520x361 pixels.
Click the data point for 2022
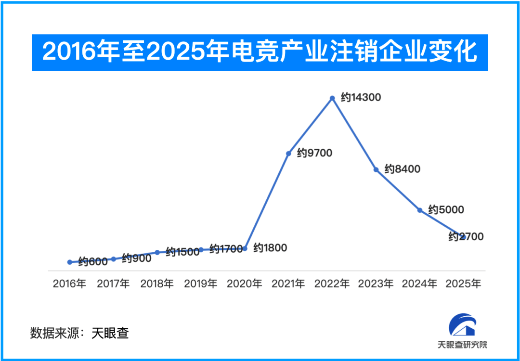pos(332,98)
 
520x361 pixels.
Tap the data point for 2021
pos(288,154)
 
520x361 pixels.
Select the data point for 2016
pos(70,262)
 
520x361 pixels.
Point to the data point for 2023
pos(376,169)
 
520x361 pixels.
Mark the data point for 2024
pos(420,210)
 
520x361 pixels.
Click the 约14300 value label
pos(361,97)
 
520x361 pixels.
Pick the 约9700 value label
pos(315,153)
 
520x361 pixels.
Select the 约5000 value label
pos(446,210)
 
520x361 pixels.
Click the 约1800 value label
pos(270,248)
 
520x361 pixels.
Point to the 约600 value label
pos(93,262)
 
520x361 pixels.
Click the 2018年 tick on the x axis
pos(157,284)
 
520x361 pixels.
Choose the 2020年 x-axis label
pos(245,284)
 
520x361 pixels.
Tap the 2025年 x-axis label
pos(464,284)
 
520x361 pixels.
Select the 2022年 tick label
pos(332,284)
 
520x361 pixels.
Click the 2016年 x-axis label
pos(70,284)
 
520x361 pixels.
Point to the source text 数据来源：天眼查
pos(80,333)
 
